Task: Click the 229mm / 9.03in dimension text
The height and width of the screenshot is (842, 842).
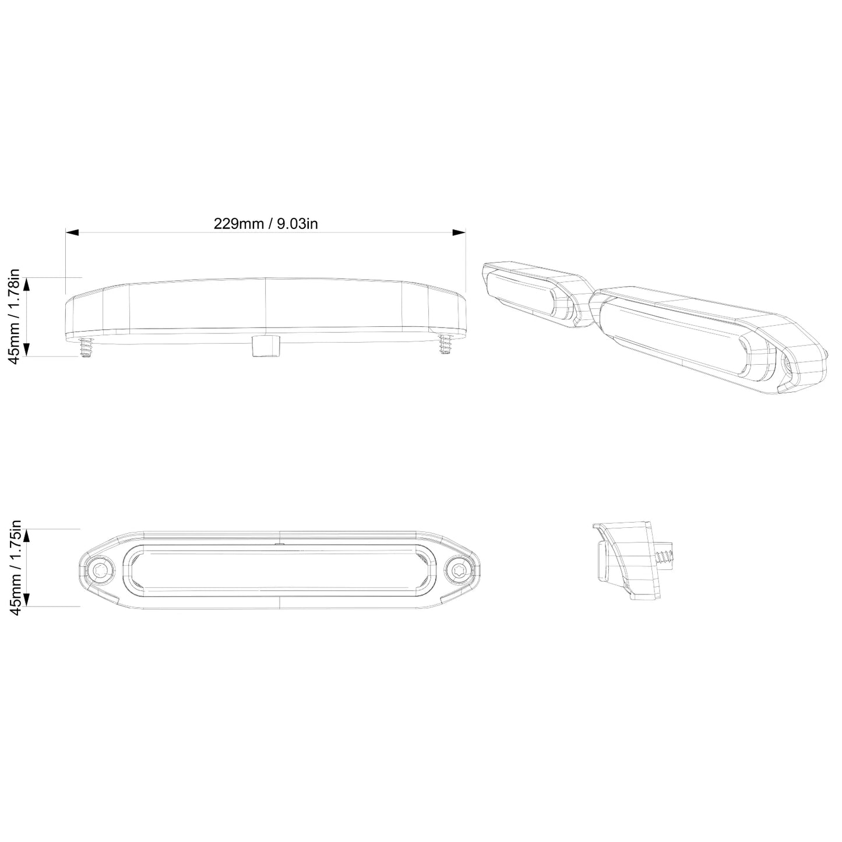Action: (266, 224)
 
